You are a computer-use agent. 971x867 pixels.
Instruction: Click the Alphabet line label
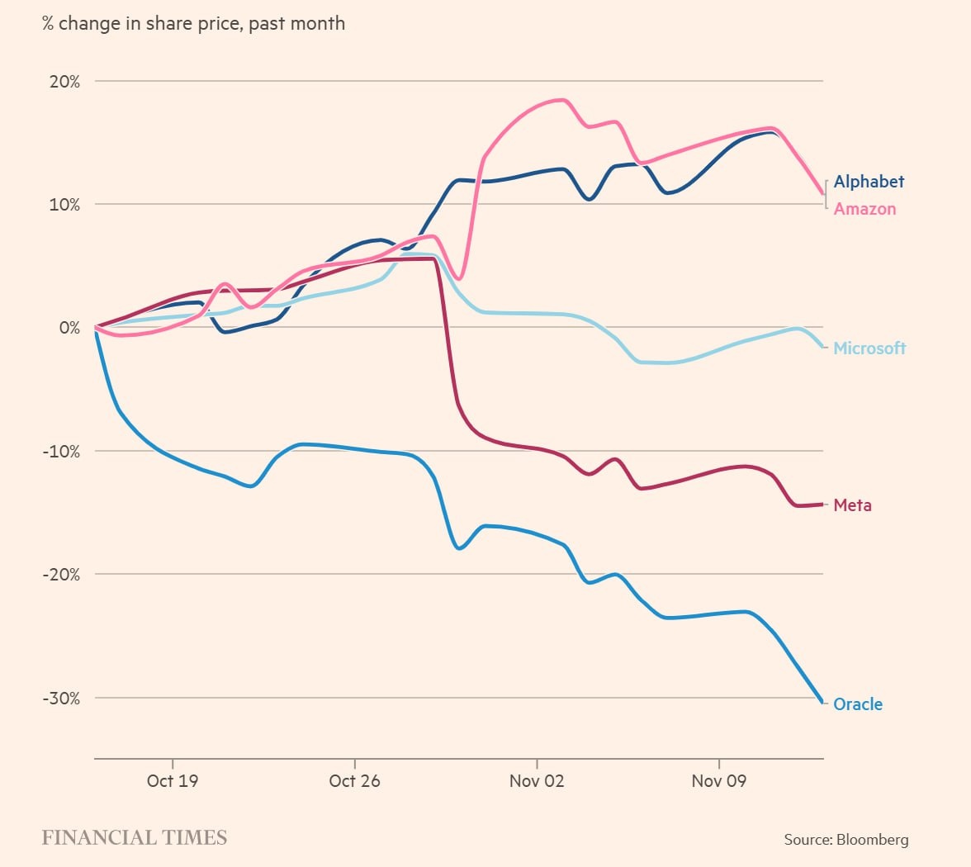[x=869, y=182]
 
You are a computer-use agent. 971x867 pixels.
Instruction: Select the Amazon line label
[x=864, y=209]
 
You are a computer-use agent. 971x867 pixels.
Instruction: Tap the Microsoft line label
[x=869, y=348]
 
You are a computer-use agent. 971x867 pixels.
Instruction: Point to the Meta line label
[x=852, y=505]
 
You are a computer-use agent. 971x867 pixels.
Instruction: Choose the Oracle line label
[x=858, y=704]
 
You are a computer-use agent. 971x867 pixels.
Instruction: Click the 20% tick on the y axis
[x=64, y=82]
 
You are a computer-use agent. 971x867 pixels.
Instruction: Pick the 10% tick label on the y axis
[x=64, y=205]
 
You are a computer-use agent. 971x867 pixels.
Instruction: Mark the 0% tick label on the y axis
[x=69, y=328]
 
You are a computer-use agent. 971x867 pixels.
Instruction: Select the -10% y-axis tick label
[x=61, y=452]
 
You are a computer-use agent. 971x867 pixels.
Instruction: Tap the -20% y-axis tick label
[x=61, y=575]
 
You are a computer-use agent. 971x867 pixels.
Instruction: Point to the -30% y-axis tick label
[x=61, y=699]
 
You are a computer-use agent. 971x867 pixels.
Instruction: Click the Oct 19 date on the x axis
[x=173, y=781]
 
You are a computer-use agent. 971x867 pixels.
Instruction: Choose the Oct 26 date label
[x=354, y=781]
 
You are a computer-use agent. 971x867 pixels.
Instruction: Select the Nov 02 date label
[x=537, y=781]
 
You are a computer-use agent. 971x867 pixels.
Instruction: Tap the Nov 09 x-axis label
[x=718, y=781]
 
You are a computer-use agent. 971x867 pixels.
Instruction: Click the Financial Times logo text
[x=134, y=838]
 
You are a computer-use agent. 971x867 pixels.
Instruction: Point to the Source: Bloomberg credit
[x=846, y=840]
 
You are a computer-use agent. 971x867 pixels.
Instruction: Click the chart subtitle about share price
[x=193, y=23]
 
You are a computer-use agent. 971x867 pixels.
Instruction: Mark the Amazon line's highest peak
[x=563, y=100]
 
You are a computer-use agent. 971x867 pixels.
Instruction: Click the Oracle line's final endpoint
[x=822, y=703]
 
